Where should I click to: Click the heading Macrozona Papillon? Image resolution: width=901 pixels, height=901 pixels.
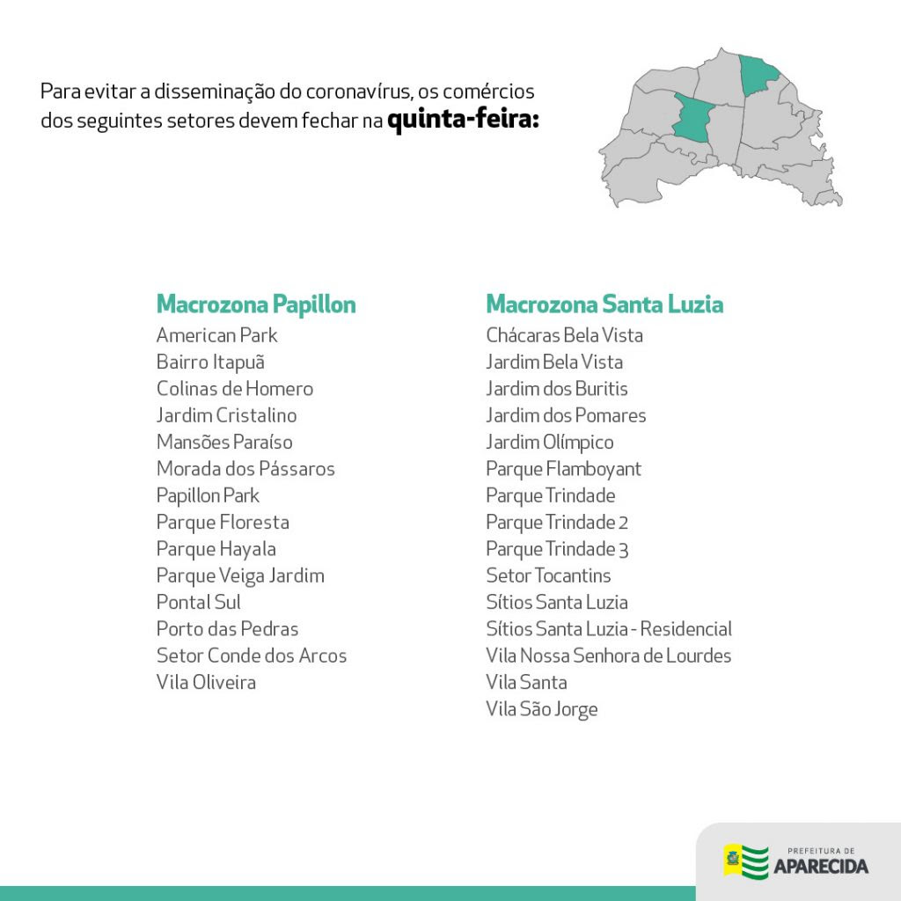point(256,304)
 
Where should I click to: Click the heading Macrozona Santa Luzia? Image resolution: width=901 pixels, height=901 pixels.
point(604,304)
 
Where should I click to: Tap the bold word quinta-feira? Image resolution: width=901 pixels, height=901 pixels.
point(463,120)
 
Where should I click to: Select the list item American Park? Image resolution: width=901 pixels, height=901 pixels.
point(216,335)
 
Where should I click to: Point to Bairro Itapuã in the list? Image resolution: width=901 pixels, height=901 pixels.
point(210,362)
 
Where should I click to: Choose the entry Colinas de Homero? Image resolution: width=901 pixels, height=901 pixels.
point(234,389)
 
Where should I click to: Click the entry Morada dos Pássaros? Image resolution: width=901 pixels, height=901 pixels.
point(245,469)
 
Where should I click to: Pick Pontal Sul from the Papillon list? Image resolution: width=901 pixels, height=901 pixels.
point(199,602)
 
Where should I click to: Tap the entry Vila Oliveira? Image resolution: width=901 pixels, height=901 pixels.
point(206,682)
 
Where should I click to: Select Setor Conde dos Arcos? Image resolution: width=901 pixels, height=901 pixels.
point(252,656)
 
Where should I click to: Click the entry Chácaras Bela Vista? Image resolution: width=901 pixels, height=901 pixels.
point(564,335)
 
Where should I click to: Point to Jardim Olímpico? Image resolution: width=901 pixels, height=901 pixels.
point(550,442)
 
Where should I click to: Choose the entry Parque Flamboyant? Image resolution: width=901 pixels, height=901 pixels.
point(563,469)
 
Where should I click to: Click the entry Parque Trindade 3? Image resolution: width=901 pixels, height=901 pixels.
point(557,549)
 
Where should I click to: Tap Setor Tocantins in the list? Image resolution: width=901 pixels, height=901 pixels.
point(548,575)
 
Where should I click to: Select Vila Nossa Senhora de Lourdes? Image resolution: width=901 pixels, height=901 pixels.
point(608,656)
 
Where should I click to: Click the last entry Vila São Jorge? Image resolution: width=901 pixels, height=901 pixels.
point(541,709)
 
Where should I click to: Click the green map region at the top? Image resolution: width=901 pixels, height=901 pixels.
point(758,73)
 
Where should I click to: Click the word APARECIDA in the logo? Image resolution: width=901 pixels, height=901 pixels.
point(820,867)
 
